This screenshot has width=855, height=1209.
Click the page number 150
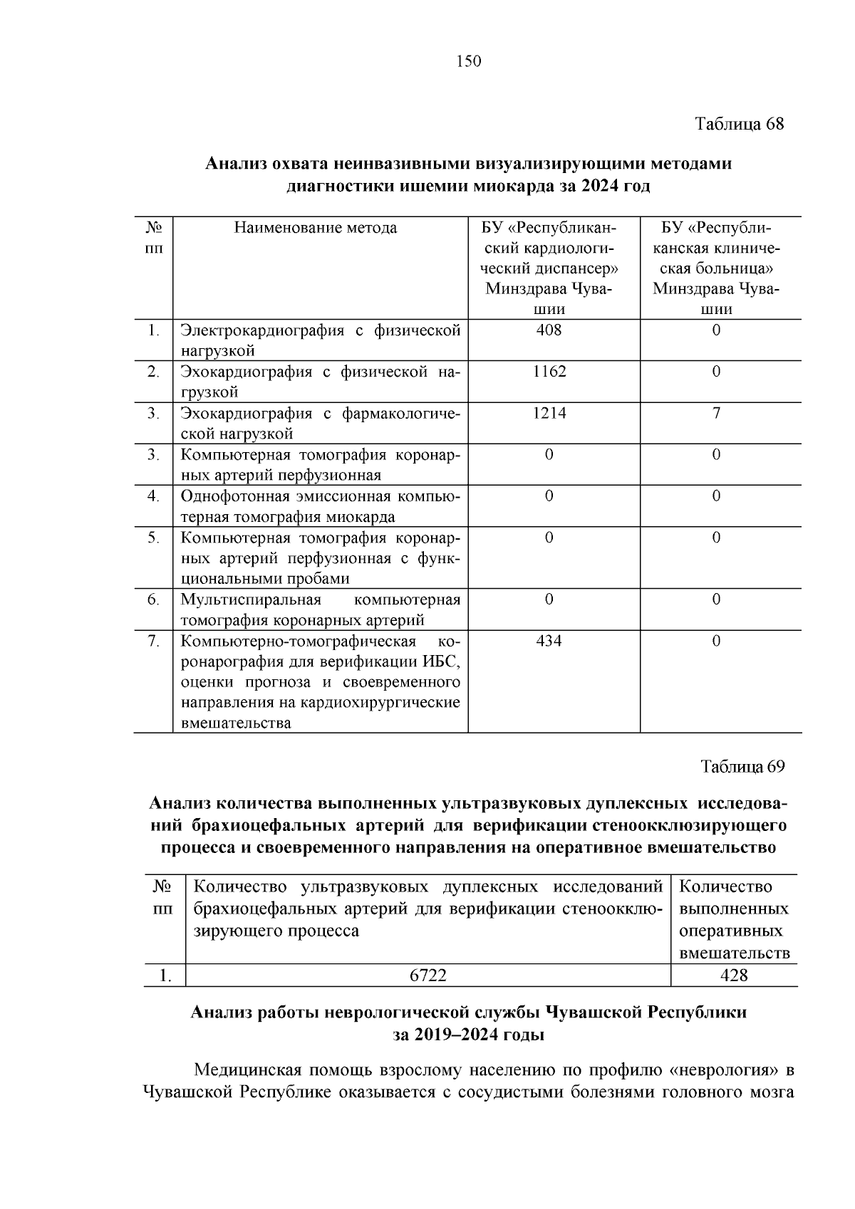(469, 62)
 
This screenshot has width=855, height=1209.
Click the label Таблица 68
(740, 124)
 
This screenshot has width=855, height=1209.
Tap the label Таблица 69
(742, 767)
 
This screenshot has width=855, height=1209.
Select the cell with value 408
(549, 330)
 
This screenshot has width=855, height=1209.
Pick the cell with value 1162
(549, 372)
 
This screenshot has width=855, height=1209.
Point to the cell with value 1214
(549, 413)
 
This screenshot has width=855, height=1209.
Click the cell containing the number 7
(716, 413)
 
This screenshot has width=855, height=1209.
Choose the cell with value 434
(549, 641)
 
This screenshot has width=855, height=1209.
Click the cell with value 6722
(427, 975)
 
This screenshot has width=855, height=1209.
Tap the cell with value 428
(734, 975)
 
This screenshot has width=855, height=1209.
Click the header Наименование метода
(316, 229)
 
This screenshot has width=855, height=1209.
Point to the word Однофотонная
(231, 496)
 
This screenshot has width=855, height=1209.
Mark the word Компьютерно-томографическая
(298, 641)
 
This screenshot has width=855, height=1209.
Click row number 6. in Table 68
(153, 600)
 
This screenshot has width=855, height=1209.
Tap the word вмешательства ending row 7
(236, 723)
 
